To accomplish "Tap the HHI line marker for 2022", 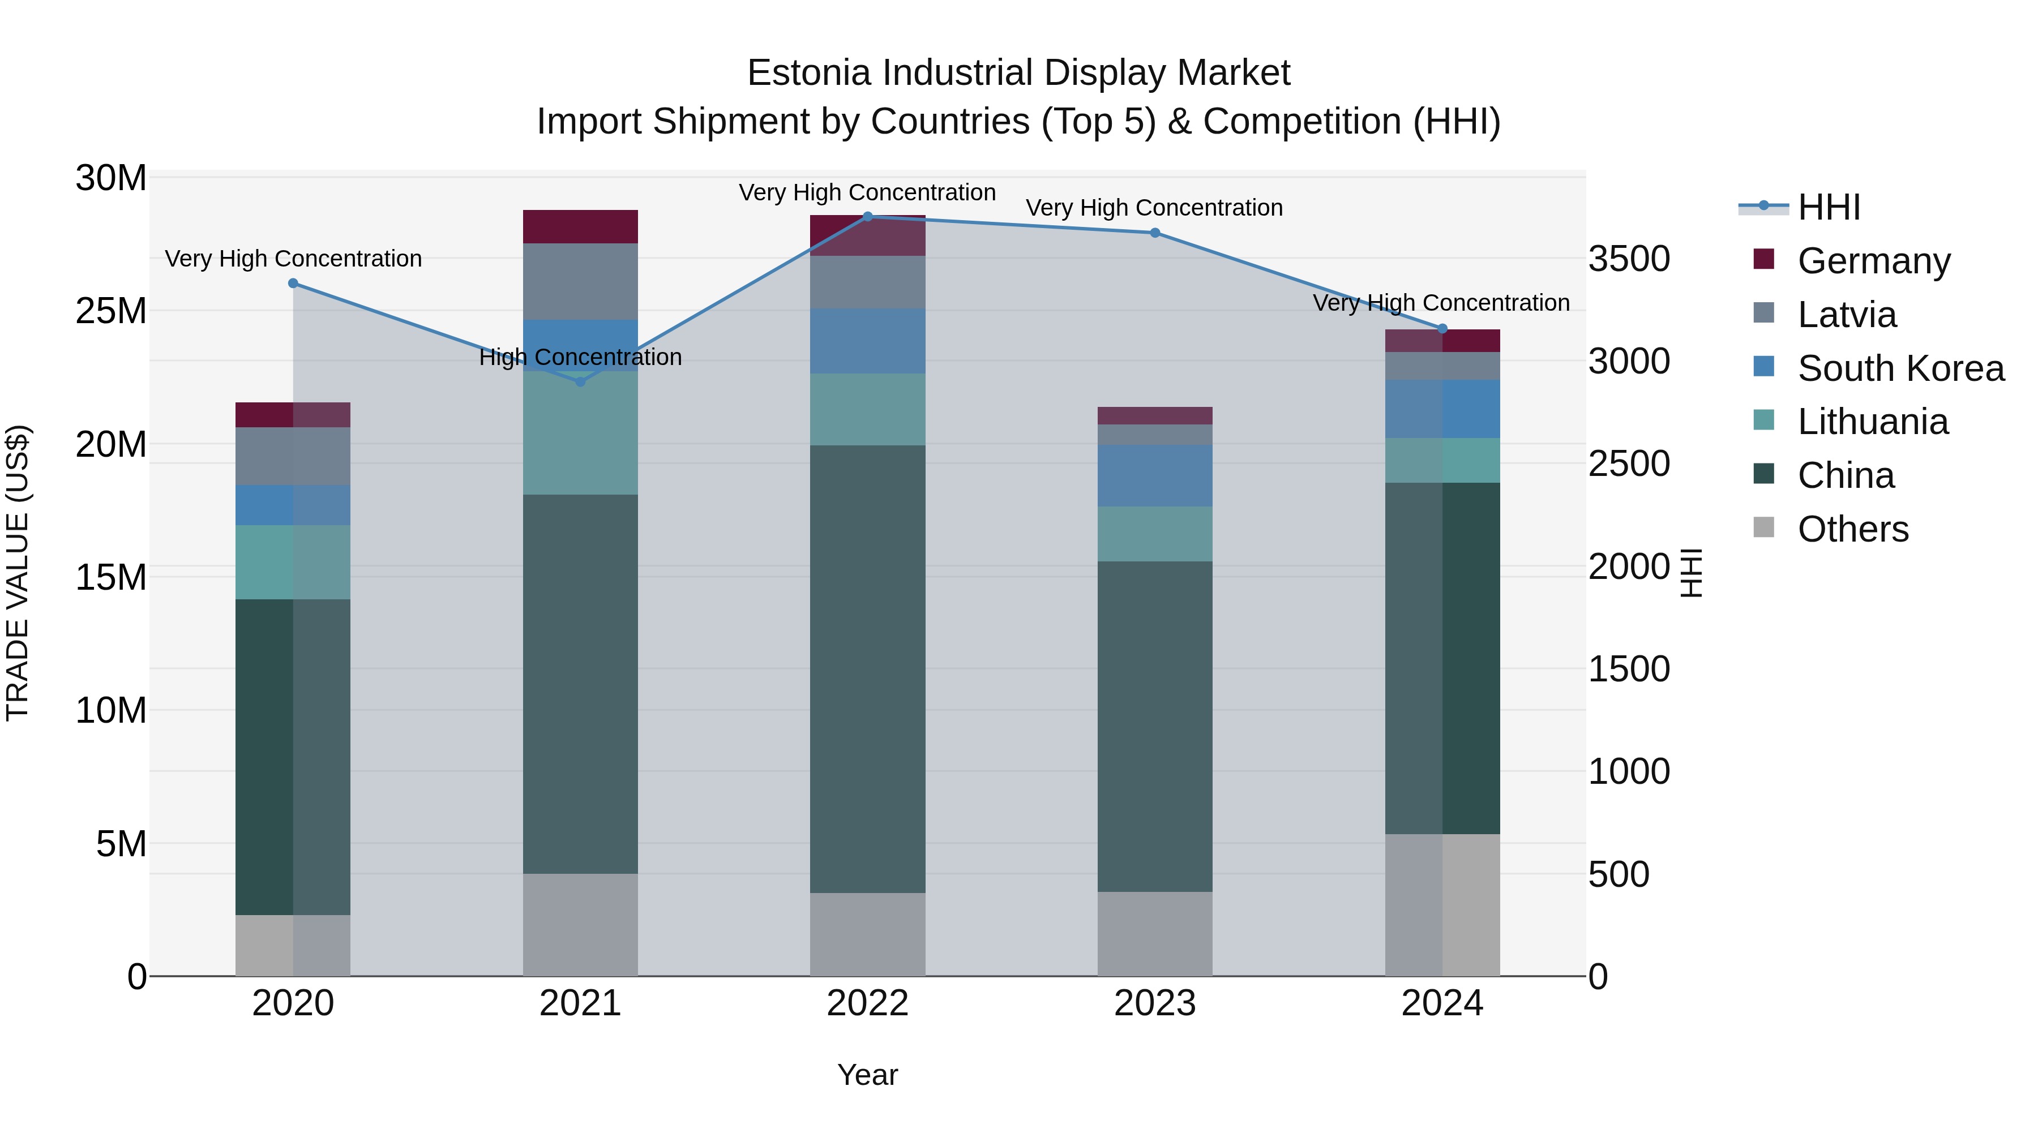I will [867, 217].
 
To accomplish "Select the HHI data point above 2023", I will [1154, 233].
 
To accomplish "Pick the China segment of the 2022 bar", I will [867, 668].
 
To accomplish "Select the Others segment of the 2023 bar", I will [1154, 933].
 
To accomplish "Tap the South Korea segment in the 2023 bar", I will [1154, 475].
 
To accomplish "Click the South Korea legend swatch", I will [1763, 367].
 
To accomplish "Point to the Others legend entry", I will [1852, 529].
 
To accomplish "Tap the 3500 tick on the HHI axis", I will [1629, 259].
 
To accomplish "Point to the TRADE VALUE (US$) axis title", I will [18, 573].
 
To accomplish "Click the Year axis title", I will [867, 1075].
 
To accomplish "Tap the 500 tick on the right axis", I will [1619, 875].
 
